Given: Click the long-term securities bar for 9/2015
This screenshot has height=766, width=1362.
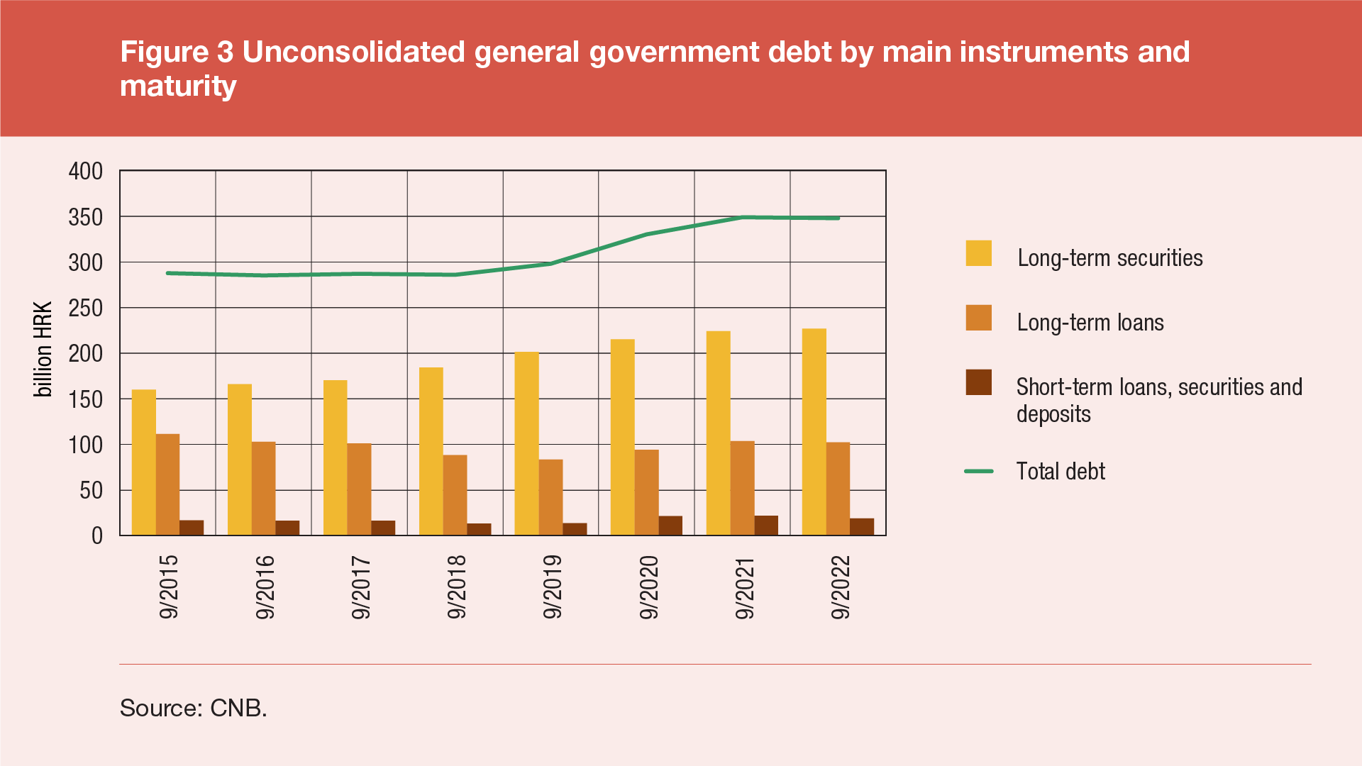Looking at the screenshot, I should pos(144,462).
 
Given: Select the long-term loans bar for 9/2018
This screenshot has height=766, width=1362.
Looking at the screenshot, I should pos(455,495).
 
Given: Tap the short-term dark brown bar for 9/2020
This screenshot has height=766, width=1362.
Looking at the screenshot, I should pos(670,526).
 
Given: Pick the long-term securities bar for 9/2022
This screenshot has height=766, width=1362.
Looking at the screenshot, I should pos(814,432).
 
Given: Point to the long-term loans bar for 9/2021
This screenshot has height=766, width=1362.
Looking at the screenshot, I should pos(742,488).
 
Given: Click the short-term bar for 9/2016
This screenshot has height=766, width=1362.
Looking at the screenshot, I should pos(287,528).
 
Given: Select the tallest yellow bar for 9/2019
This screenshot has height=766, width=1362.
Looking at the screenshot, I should pos(526,443).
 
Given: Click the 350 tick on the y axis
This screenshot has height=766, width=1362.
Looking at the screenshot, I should pos(86,217).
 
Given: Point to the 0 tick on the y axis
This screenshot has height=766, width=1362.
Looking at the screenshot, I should pos(97,536).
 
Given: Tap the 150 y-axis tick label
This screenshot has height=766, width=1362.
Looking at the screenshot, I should pos(86,399).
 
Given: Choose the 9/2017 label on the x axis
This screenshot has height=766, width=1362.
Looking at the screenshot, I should pos(361,587).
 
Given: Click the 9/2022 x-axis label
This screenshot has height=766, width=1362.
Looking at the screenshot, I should pos(841,587).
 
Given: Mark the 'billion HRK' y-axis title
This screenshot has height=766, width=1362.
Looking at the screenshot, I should pos(43,350).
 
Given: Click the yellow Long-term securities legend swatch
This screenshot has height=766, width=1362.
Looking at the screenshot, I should pos(978,253).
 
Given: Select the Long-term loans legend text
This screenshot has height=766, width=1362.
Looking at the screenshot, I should pos(1090,323).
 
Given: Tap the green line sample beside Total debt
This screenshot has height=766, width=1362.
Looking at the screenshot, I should pos(978,471).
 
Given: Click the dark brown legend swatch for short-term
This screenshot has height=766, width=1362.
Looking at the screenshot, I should pos(978,382).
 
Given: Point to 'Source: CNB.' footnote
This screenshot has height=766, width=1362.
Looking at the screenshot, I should pos(193,708).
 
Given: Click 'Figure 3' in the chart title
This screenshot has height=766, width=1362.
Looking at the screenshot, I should pos(177,52).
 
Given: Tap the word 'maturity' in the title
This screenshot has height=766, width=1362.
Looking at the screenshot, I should pos(178,86).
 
